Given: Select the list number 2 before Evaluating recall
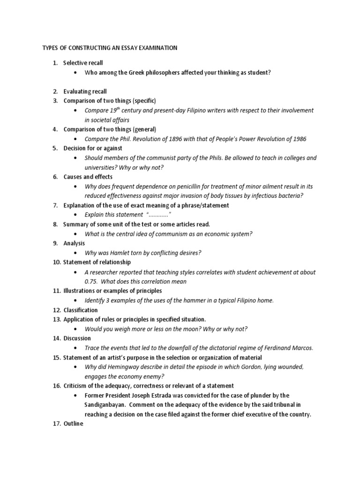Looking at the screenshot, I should [x=55, y=91].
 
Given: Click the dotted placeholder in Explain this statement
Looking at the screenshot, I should [x=156, y=215].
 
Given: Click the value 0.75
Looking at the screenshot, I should [x=90, y=281].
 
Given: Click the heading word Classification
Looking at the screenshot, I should [x=81, y=310].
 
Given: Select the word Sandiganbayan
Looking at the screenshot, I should [x=105, y=405].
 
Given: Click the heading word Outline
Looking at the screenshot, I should [x=73, y=424].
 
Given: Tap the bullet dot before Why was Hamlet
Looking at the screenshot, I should [x=75, y=253].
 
